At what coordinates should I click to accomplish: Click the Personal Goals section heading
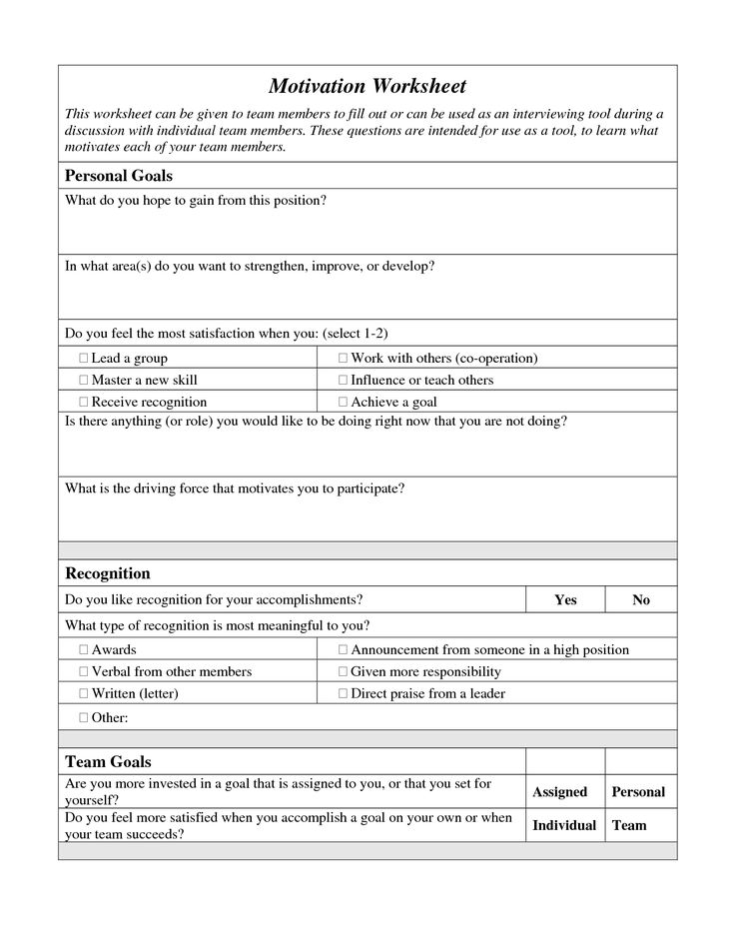(x=119, y=176)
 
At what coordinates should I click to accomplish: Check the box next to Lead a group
(x=83, y=358)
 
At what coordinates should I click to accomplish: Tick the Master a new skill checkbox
(x=83, y=380)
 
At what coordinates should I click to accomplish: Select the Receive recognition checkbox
(x=83, y=402)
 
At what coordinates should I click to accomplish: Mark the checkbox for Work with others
(x=343, y=358)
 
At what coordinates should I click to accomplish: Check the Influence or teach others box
(x=343, y=380)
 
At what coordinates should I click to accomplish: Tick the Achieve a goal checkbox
(x=343, y=402)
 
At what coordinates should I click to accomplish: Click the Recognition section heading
(x=108, y=573)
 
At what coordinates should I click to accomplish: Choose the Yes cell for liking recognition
(x=565, y=599)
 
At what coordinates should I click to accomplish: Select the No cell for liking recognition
(x=641, y=599)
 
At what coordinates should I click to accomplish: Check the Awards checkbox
(x=83, y=649)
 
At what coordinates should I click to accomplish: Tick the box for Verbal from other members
(x=83, y=671)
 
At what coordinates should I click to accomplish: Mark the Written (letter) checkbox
(x=83, y=693)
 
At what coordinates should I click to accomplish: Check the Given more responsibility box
(x=343, y=671)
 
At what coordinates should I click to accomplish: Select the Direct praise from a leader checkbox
(x=343, y=693)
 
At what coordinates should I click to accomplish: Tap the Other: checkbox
(x=83, y=717)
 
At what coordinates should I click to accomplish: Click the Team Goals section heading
(x=108, y=762)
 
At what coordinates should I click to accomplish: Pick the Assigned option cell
(x=559, y=791)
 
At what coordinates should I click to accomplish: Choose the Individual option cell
(x=564, y=825)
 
